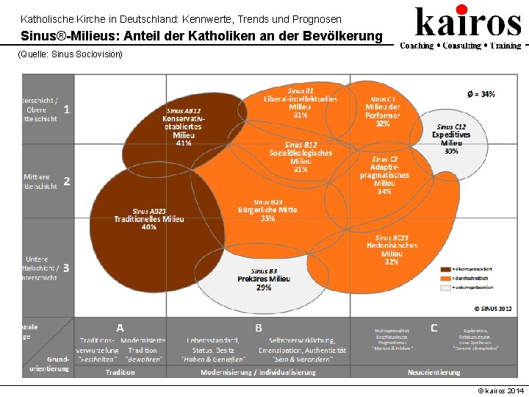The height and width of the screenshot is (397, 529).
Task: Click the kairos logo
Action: point(468,22)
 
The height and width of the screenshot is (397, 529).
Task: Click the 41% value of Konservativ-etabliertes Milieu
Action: point(184,143)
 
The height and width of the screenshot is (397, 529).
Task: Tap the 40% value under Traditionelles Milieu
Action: point(149,227)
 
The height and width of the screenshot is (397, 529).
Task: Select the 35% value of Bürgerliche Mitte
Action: point(267,218)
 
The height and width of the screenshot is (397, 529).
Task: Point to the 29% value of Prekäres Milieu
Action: point(264,287)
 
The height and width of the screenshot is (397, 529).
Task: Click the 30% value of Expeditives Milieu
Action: point(451,151)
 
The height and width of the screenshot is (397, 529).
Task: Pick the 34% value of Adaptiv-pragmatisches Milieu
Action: point(384,191)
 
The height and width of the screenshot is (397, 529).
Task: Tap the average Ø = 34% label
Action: point(481,94)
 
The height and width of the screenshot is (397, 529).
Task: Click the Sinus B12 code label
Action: point(301,145)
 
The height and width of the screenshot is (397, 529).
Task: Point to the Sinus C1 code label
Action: point(383,99)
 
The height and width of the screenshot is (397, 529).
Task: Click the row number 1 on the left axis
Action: point(67,110)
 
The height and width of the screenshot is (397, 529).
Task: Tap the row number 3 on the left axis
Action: point(67,268)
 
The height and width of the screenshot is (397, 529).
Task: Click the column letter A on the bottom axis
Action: point(120,327)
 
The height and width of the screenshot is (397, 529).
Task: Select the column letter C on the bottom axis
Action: point(434,327)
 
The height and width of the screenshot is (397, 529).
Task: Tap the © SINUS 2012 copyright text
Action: point(492,309)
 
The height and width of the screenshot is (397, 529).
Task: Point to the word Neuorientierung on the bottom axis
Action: point(434,372)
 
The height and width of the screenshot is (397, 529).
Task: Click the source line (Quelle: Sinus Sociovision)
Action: point(70,54)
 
